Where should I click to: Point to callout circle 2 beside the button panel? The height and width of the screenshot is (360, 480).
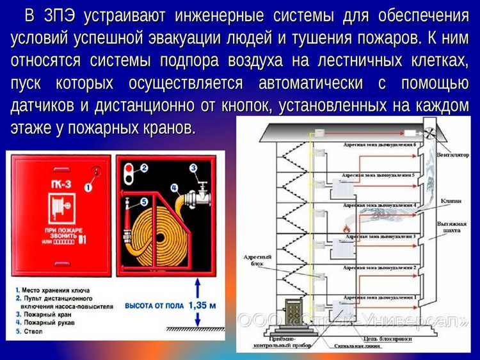click(x=144, y=168)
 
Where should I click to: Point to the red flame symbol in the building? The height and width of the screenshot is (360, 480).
click(x=348, y=227)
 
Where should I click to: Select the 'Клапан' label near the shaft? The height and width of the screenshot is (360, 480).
click(x=451, y=200)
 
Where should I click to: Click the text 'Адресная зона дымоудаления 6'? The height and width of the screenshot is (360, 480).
click(x=379, y=145)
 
